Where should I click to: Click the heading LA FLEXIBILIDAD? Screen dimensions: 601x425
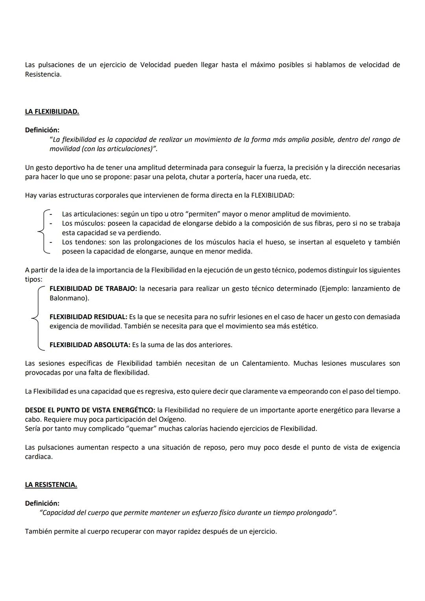pos(52,112)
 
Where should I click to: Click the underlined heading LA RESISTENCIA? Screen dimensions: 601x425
pos(51,485)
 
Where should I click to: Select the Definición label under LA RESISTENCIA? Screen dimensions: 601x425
pos(42,503)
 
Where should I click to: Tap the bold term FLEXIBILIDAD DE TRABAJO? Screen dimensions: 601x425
pos(93,289)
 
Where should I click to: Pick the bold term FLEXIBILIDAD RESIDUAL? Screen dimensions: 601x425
pos(88,317)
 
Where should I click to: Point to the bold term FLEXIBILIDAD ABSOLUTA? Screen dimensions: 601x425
pos(90,345)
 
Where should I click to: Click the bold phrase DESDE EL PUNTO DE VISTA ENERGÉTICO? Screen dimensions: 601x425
pos(90,410)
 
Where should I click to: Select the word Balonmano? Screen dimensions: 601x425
pos(69,298)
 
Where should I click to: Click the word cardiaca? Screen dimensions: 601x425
pos(39,457)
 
